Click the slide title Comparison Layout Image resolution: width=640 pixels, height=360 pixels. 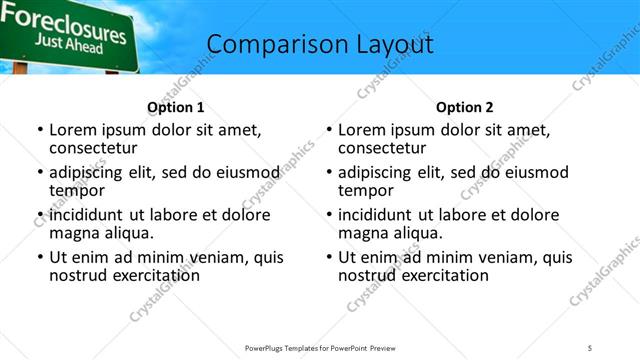coord(320,45)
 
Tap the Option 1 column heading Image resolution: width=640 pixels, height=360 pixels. coord(176,107)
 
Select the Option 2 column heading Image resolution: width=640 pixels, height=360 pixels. coord(465,107)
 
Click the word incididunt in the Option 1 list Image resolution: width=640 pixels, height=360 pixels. coord(86,215)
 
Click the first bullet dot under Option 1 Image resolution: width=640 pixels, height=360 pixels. coord(40,131)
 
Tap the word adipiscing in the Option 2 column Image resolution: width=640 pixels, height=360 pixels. coord(375,173)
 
